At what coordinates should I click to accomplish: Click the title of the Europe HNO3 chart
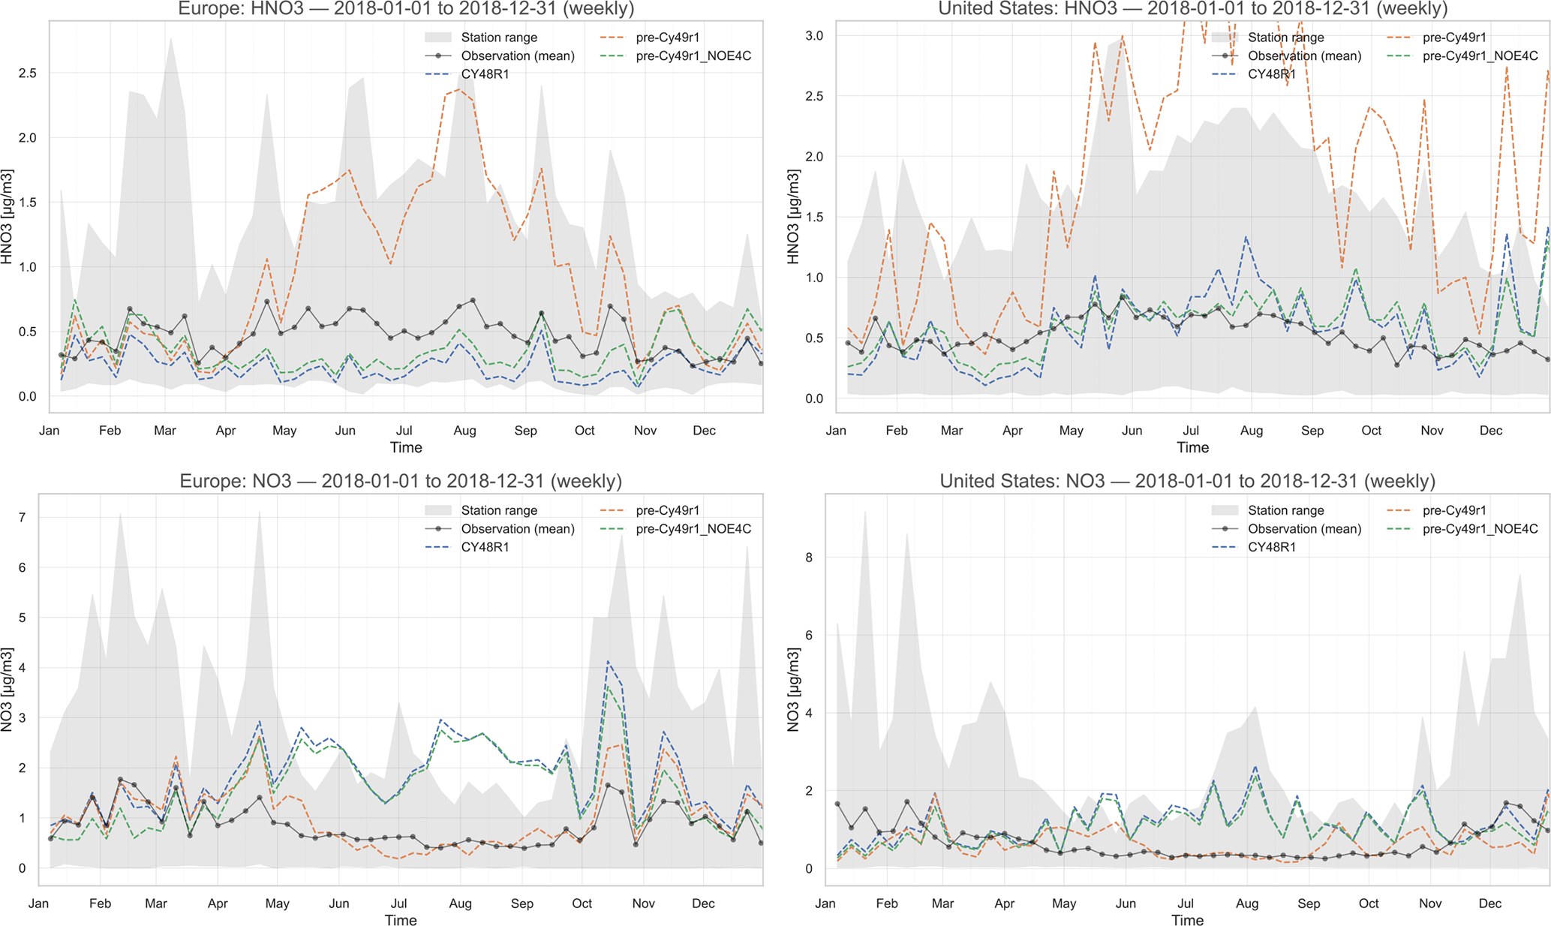tap(405, 9)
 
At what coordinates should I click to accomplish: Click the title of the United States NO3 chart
tap(1187, 481)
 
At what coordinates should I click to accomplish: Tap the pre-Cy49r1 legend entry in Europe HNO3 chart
tap(668, 38)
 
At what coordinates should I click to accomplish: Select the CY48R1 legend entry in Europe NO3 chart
tap(485, 547)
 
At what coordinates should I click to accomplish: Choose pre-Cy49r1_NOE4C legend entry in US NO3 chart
tap(1480, 529)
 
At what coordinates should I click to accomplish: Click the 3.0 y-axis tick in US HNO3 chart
tap(814, 36)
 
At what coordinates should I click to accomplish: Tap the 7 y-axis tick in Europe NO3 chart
tap(23, 518)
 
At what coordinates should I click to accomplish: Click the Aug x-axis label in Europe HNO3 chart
tap(464, 431)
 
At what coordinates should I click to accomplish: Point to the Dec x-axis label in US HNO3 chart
tap(1490, 431)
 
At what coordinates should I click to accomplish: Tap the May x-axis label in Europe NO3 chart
tap(277, 903)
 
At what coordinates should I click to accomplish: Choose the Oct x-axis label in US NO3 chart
tap(1369, 903)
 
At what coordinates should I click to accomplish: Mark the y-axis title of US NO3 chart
tap(794, 689)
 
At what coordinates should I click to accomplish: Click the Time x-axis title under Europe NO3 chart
tap(401, 920)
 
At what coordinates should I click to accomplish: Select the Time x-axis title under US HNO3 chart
tap(1192, 447)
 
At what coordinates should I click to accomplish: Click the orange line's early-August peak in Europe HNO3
tap(458, 89)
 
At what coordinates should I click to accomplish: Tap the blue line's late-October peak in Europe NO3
tap(608, 661)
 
